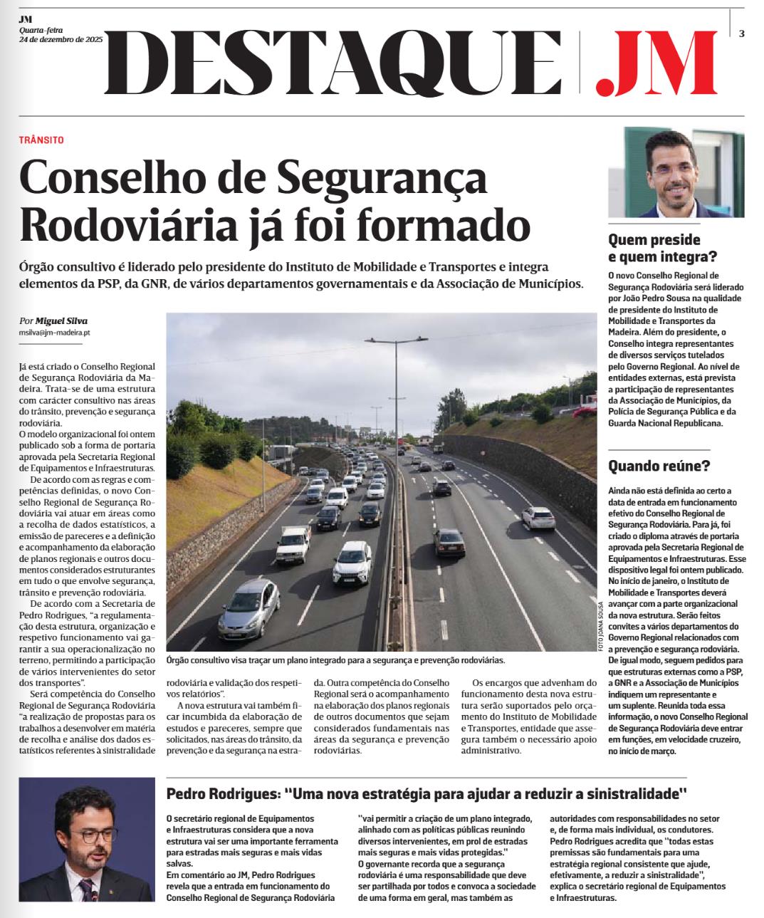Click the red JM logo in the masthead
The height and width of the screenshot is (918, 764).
click(655, 62)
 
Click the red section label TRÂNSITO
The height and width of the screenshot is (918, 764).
click(41, 140)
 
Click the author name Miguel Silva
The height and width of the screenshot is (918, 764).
click(62, 320)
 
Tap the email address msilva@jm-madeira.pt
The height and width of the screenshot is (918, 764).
click(54, 333)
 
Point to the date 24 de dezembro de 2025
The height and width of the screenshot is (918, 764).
click(61, 39)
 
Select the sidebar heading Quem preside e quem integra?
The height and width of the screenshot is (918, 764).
click(662, 248)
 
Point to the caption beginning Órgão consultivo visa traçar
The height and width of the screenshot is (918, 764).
click(335, 660)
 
